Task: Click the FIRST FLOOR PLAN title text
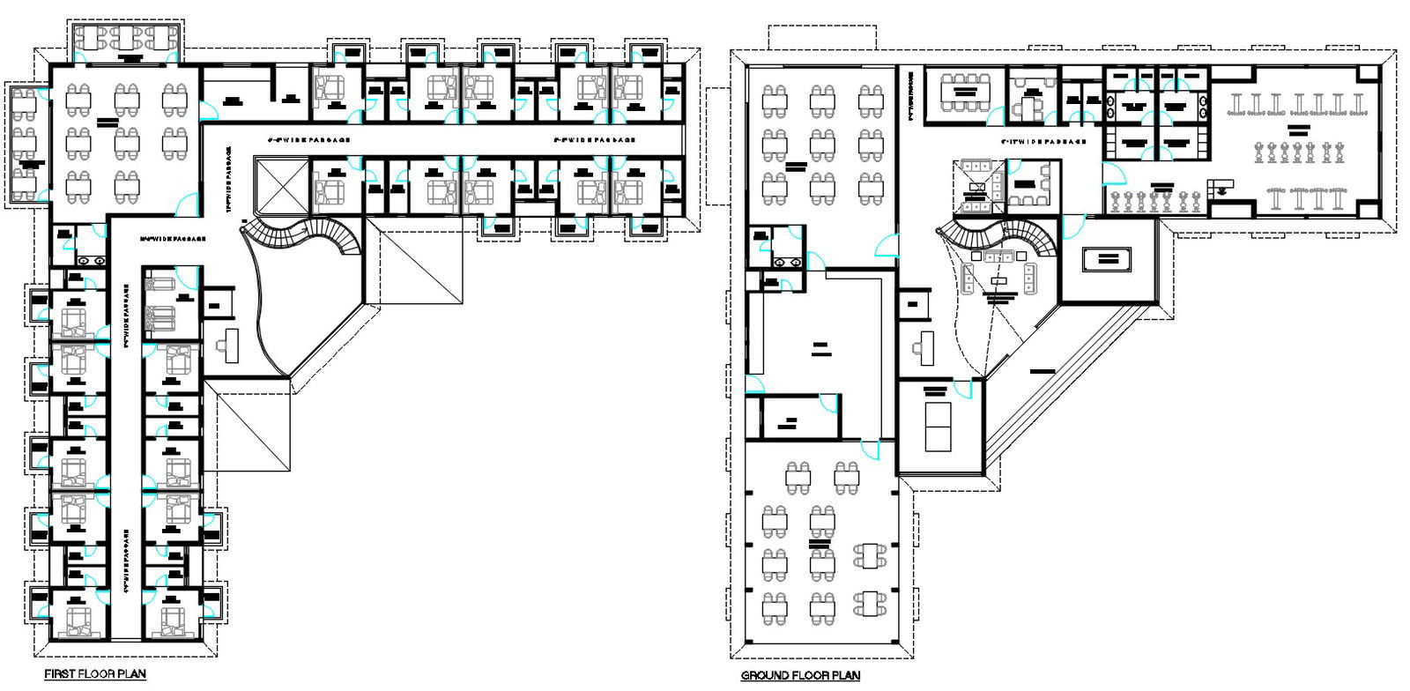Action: pyautogui.click(x=95, y=674)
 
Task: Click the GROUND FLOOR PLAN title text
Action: pyautogui.click(x=800, y=676)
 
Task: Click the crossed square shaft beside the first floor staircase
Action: pyautogui.click(x=279, y=186)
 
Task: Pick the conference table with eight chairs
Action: pyautogui.click(x=964, y=92)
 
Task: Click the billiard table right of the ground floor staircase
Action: pyautogui.click(x=1108, y=259)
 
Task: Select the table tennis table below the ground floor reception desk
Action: pyautogui.click(x=939, y=423)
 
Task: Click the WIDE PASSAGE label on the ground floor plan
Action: pyautogui.click(x=1043, y=141)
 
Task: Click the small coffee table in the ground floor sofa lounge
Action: pyautogui.click(x=998, y=279)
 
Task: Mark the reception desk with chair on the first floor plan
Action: pyautogui.click(x=231, y=345)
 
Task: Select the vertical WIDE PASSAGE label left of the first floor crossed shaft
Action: pyautogui.click(x=229, y=180)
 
